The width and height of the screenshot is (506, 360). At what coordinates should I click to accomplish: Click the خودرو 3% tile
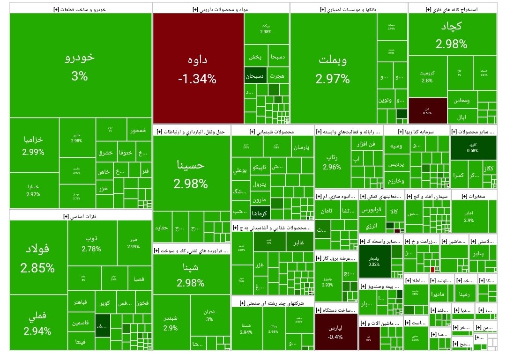click(x=80, y=66)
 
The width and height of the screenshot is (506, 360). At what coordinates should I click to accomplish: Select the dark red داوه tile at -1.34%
click(x=197, y=69)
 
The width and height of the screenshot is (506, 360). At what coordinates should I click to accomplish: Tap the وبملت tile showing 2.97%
click(x=333, y=69)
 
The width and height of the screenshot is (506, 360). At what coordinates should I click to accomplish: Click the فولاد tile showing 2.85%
click(x=37, y=257)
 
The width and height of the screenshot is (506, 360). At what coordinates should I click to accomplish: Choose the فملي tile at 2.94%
click(x=37, y=323)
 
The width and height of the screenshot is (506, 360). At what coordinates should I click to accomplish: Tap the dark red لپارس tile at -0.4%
click(x=335, y=331)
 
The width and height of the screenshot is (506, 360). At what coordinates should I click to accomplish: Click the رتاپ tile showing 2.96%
click(x=332, y=162)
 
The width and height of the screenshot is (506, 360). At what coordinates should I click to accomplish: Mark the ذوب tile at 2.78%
click(x=91, y=243)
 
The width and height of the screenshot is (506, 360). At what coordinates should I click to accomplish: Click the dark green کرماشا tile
click(x=260, y=213)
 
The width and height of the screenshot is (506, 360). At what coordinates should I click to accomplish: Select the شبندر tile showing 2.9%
click(x=171, y=322)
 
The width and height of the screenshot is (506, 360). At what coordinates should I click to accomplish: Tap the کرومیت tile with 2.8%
click(x=427, y=77)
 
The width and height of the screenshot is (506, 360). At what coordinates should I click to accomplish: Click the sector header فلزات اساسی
click(x=80, y=216)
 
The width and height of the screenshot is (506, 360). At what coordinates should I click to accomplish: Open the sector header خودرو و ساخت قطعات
click(x=80, y=8)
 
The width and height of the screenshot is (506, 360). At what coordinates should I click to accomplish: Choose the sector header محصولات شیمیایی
click(x=272, y=132)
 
